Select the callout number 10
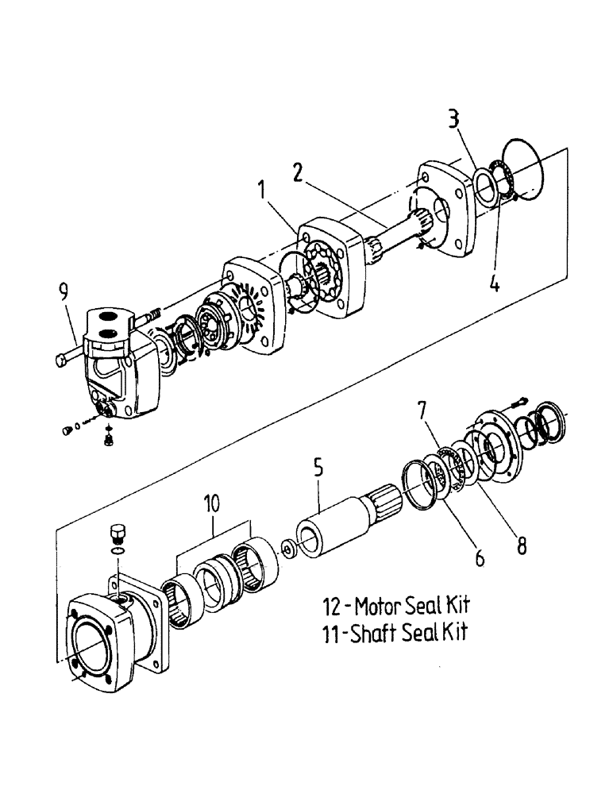[212, 504]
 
